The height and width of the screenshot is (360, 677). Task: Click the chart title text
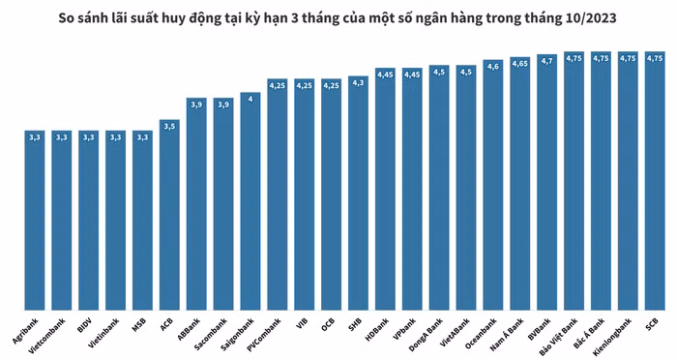(338, 16)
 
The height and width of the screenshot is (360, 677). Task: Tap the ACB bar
(169, 213)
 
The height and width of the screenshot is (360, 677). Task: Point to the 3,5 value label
(169, 126)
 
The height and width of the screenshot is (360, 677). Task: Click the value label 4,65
(519, 63)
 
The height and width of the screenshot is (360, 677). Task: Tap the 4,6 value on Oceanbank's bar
(492, 66)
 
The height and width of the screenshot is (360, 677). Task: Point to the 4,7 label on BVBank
(546, 60)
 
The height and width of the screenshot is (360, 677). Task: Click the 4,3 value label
(358, 82)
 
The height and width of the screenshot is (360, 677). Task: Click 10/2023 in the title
(586, 16)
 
